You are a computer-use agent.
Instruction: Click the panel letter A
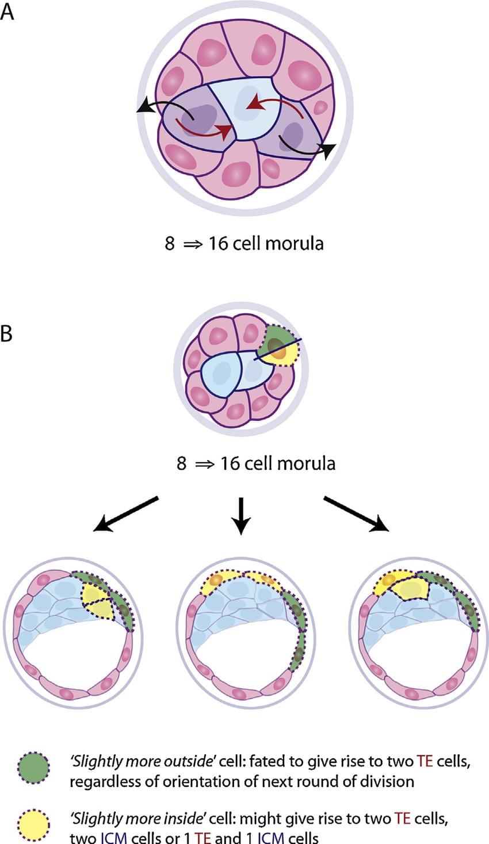[7, 11]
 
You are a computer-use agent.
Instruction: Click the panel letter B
[7, 333]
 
